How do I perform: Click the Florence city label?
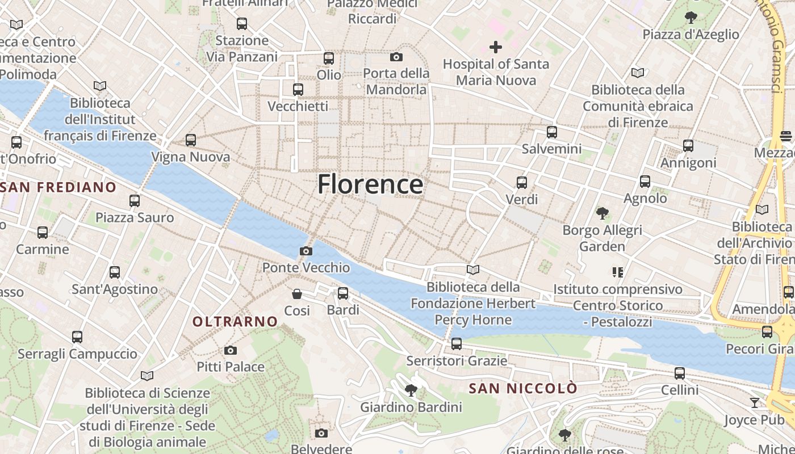tap(370, 184)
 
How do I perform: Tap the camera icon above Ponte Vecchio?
tap(306, 251)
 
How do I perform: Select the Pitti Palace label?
tap(231, 367)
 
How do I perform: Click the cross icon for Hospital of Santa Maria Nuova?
tap(496, 47)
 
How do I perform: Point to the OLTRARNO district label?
tap(235, 322)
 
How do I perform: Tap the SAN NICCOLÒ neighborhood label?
tap(523, 389)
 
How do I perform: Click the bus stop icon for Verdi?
tap(522, 183)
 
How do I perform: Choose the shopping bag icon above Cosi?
tap(297, 293)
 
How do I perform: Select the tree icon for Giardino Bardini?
tap(411, 390)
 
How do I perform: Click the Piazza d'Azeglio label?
tap(691, 35)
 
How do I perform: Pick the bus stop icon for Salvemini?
tap(552, 132)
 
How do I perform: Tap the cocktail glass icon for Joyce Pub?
tap(755, 403)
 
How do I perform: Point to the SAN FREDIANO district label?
tap(58, 187)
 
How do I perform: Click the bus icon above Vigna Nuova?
tap(191, 140)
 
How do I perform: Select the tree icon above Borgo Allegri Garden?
tap(602, 213)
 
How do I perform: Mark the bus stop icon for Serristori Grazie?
tap(457, 343)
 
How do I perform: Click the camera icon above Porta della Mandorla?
tap(396, 57)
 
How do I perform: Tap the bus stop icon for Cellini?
tap(680, 373)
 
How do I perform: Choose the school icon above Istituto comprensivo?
tap(618, 272)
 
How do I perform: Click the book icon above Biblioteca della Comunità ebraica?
tap(638, 73)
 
